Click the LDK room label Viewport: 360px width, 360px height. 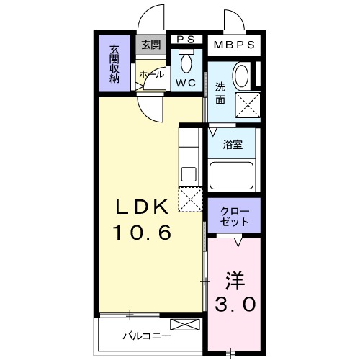click(x=143, y=207)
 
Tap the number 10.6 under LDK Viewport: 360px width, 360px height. click(x=142, y=233)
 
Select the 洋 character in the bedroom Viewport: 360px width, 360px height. click(x=234, y=279)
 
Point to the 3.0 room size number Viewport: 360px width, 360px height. click(x=234, y=305)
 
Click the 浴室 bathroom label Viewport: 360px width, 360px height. click(x=233, y=144)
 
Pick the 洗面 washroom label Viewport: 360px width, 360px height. click(x=220, y=94)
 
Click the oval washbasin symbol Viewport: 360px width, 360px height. click(x=243, y=75)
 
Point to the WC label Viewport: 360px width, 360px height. click(x=186, y=83)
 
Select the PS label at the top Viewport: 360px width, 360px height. click(x=186, y=40)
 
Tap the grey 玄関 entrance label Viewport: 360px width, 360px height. click(x=150, y=45)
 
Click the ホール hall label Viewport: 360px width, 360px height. click(x=150, y=74)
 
